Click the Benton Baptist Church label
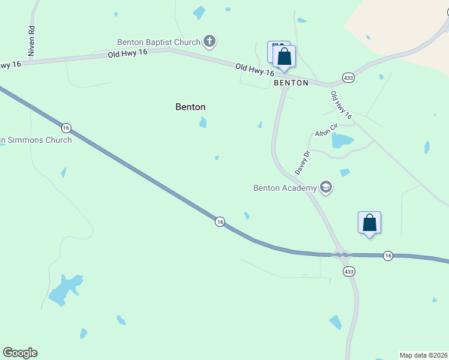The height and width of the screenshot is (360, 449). pyautogui.click(x=158, y=42)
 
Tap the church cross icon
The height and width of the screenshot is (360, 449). pyautogui.click(x=209, y=41)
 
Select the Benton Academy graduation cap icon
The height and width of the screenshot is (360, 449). pyautogui.click(x=326, y=188)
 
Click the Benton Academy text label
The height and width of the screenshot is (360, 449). pyautogui.click(x=285, y=188)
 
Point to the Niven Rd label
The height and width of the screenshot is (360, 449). pyautogui.click(x=32, y=41)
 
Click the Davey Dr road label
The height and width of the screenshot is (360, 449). pyautogui.click(x=303, y=163)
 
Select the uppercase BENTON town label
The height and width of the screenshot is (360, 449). pyautogui.click(x=291, y=83)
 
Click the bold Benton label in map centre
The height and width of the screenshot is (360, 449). pyautogui.click(x=190, y=107)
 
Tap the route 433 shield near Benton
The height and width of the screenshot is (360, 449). pyautogui.click(x=348, y=78)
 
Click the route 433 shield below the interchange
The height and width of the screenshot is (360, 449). pyautogui.click(x=349, y=272)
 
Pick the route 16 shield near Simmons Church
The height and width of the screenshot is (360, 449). pyautogui.click(x=66, y=128)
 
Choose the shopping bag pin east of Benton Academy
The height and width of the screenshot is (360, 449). pyautogui.click(x=369, y=223)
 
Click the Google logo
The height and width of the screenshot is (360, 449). pyautogui.click(x=20, y=353)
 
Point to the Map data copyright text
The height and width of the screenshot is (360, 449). pyautogui.click(x=424, y=355)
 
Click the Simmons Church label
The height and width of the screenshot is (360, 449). pyautogui.click(x=36, y=140)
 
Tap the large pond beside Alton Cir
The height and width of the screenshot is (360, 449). pyautogui.click(x=342, y=141)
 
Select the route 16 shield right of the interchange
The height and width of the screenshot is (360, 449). pyautogui.click(x=388, y=256)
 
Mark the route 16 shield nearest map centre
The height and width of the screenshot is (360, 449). pyautogui.click(x=220, y=222)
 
